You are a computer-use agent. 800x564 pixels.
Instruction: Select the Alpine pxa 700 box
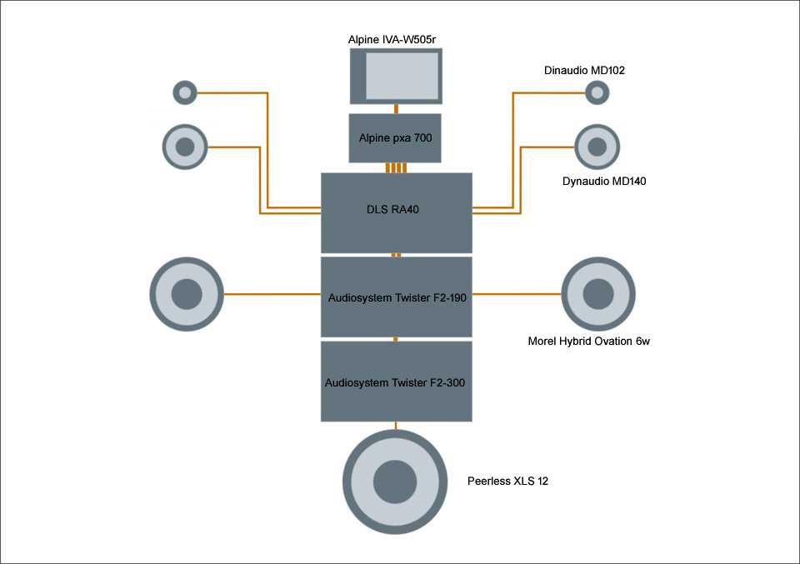pyautogui.click(x=396, y=137)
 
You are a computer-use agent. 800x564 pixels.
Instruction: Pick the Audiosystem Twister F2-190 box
pyautogui.click(x=397, y=296)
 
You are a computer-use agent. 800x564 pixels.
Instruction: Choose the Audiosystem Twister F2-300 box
pyautogui.click(x=397, y=382)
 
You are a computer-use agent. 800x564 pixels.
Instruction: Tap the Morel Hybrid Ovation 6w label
pyautogui.click(x=588, y=341)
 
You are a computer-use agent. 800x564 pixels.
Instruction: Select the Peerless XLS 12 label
pyautogui.click(x=508, y=482)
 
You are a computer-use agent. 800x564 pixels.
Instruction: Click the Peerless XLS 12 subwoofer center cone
pyautogui.click(x=395, y=482)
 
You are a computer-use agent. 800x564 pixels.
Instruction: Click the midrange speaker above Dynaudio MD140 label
pyautogui.click(x=597, y=147)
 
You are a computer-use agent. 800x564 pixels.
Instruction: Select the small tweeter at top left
pyautogui.click(x=185, y=92)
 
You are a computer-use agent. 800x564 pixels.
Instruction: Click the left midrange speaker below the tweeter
pyautogui.click(x=185, y=147)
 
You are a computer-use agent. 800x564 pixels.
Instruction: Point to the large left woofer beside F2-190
pyautogui.click(x=187, y=294)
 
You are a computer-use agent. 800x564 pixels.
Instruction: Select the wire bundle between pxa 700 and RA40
pyautogui.click(x=397, y=168)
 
